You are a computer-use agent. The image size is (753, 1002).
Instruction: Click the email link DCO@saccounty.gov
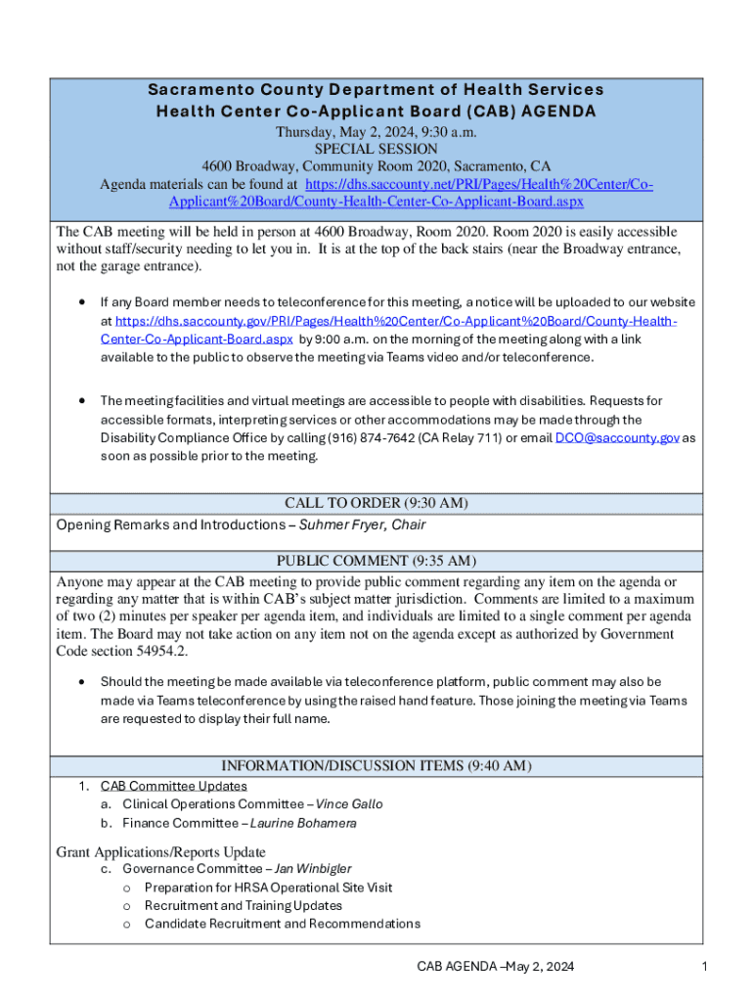617,438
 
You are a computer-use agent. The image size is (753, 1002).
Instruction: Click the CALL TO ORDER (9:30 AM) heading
376,503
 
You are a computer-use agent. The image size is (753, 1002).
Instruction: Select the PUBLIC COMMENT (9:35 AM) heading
376,561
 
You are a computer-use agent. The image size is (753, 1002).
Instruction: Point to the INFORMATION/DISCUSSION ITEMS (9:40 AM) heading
376,765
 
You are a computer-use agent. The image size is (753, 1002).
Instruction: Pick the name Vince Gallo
349,804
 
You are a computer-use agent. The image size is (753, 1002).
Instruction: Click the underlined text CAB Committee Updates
174,786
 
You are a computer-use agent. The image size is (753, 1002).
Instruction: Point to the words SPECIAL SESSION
376,149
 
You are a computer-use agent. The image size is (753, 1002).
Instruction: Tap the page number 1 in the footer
703,968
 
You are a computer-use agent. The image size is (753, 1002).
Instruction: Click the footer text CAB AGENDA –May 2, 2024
496,968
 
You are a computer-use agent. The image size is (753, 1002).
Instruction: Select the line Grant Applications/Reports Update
160,851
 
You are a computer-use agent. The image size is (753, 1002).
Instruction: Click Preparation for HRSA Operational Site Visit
268,888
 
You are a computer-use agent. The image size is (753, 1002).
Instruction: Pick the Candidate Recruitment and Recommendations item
283,924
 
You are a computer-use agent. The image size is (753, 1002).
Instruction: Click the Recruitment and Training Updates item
244,906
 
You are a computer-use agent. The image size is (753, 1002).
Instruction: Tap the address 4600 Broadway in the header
248,166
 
